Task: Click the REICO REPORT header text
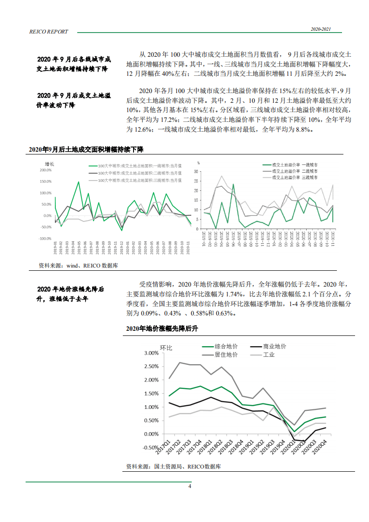pos(49,32)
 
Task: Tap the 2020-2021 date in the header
pos(321,29)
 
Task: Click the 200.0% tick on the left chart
pos(46,170)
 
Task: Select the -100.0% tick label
pos(45,239)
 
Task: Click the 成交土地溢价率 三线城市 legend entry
pos(295,178)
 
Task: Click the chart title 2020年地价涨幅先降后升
pos(162,329)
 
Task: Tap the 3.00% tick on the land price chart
pos(151,353)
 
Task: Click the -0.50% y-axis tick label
pos(150,448)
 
